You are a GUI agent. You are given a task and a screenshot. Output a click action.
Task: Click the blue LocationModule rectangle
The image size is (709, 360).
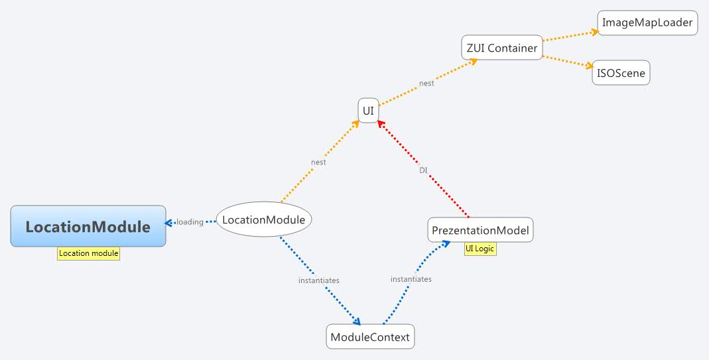point(88,226)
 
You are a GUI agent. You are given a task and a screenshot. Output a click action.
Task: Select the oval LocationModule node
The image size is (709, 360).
point(263,219)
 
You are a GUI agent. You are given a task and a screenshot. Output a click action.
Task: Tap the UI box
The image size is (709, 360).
point(368,111)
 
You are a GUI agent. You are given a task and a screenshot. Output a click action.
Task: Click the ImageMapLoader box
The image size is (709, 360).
point(647,23)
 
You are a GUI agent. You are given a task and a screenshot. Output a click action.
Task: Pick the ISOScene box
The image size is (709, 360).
point(621,73)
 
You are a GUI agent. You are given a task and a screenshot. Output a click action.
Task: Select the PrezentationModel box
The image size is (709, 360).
point(480,230)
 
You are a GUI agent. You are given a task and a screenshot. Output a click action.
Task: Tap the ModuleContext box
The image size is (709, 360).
point(370,337)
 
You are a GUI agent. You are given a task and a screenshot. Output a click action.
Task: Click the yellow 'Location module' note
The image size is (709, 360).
point(88,253)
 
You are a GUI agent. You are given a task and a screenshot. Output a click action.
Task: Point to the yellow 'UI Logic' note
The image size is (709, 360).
point(480,249)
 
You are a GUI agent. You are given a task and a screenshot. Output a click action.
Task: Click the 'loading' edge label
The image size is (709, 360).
point(190,222)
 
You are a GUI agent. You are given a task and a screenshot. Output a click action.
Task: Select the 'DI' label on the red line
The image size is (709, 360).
point(423,170)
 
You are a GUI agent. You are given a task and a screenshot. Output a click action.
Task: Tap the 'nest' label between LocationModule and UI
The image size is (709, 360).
point(318,162)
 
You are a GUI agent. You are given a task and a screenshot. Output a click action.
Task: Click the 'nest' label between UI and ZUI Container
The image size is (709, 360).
point(426,84)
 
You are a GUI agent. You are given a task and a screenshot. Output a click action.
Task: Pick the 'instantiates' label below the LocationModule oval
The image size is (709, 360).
point(318,280)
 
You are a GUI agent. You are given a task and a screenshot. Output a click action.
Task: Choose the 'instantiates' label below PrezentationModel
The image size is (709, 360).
point(411,279)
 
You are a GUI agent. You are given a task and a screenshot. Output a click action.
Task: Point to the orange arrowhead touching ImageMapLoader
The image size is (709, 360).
point(592,31)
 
